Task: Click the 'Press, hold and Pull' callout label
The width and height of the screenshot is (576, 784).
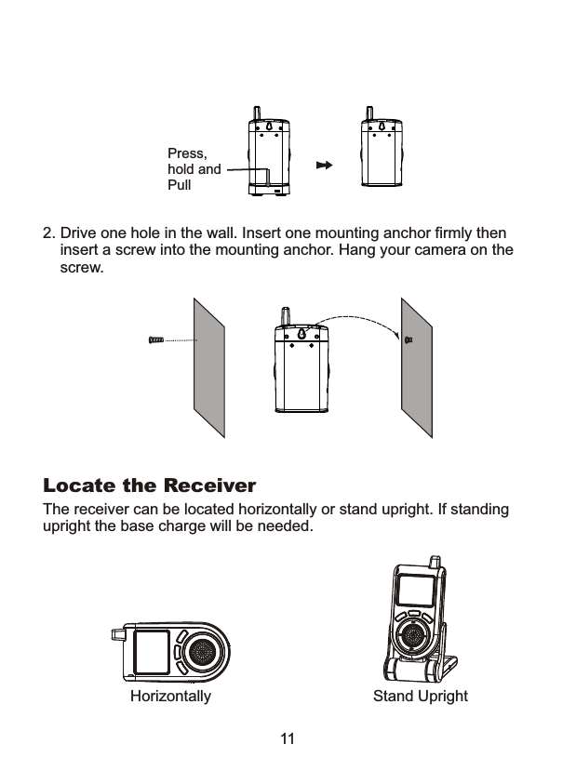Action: point(194,169)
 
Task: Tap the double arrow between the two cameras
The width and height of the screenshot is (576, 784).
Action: point(324,166)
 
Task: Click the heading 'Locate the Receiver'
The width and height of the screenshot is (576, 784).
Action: point(150,486)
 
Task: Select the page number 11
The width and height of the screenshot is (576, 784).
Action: point(288,739)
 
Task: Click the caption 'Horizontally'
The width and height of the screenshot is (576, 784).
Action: point(170,697)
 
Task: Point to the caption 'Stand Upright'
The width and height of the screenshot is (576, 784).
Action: point(420,697)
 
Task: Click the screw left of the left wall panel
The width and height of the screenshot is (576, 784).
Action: point(156,340)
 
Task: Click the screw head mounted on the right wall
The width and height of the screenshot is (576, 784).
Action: point(409,340)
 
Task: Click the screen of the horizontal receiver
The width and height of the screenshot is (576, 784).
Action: point(151,653)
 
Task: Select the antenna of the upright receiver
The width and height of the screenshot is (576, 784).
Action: point(433,564)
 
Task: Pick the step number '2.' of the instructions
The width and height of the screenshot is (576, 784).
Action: point(49,232)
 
